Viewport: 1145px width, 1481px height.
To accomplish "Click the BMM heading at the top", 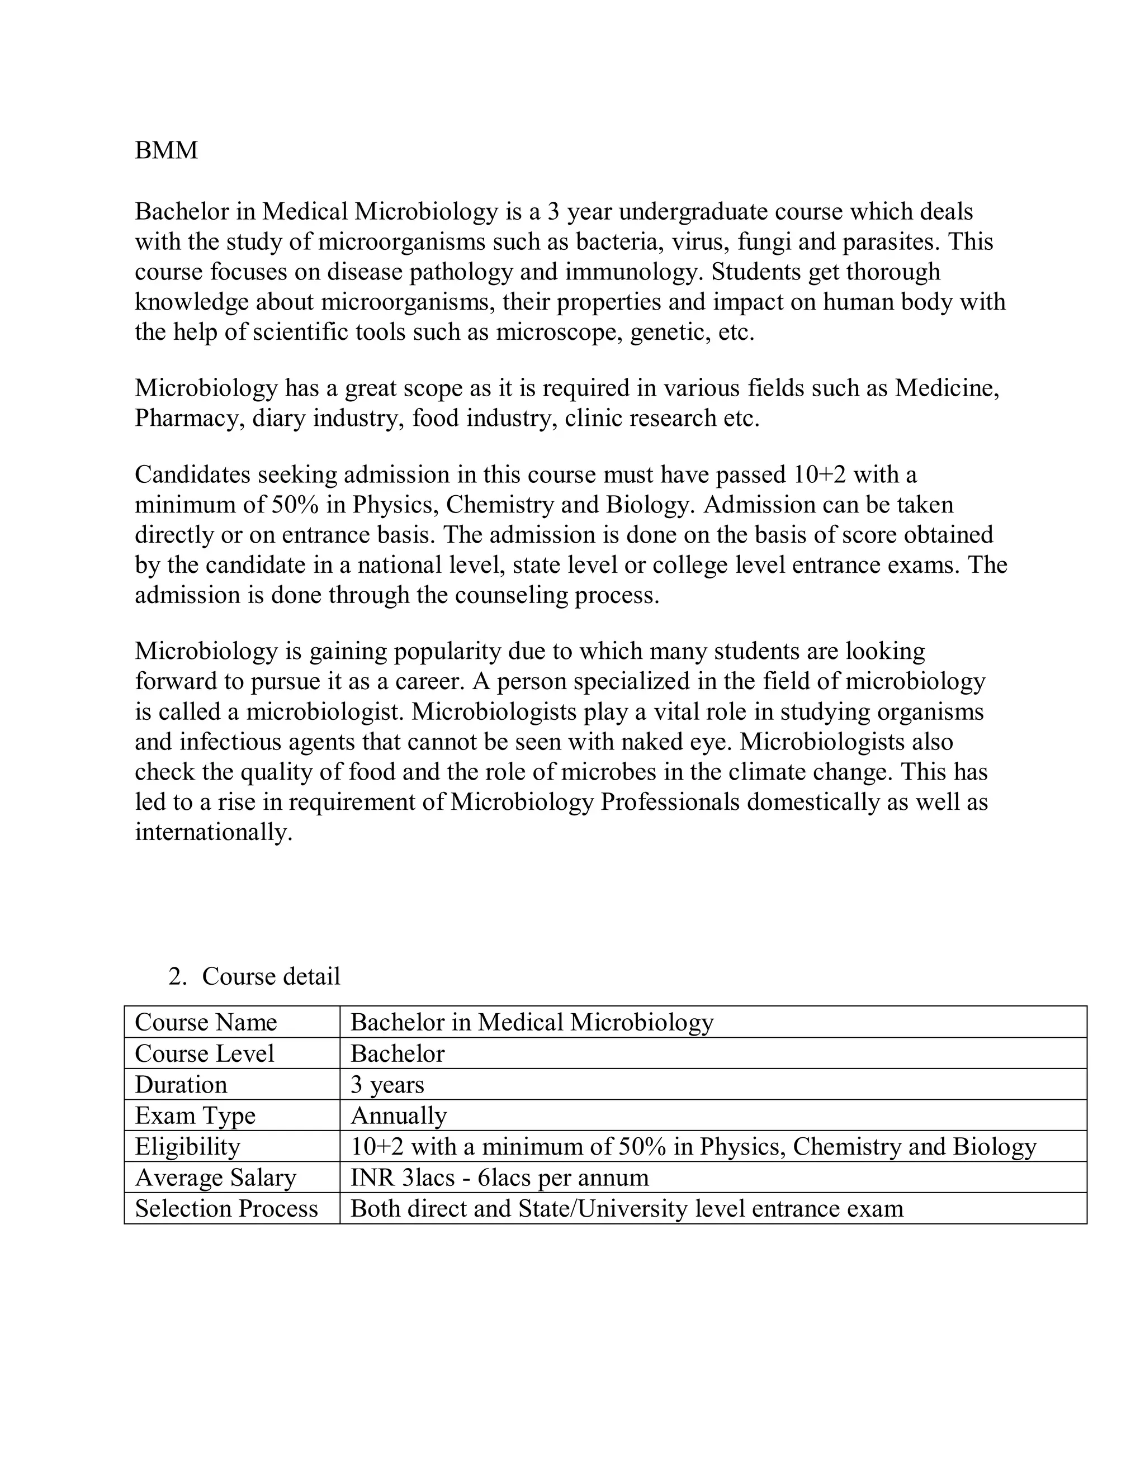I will coord(166,150).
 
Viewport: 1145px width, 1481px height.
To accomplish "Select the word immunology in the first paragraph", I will coord(631,272).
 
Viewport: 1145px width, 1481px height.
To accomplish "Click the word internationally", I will coord(214,832).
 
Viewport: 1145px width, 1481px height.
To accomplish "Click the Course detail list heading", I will coord(271,976).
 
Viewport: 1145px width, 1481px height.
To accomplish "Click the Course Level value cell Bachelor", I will coord(398,1054).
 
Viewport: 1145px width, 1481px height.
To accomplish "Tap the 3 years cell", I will coord(387,1085).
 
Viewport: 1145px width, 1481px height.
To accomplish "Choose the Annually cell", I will coord(399,1116).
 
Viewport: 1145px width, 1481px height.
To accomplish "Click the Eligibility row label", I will coord(188,1147).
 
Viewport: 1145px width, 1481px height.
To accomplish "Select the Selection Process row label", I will coord(226,1209).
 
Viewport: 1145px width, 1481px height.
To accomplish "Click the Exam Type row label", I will coord(195,1116).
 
